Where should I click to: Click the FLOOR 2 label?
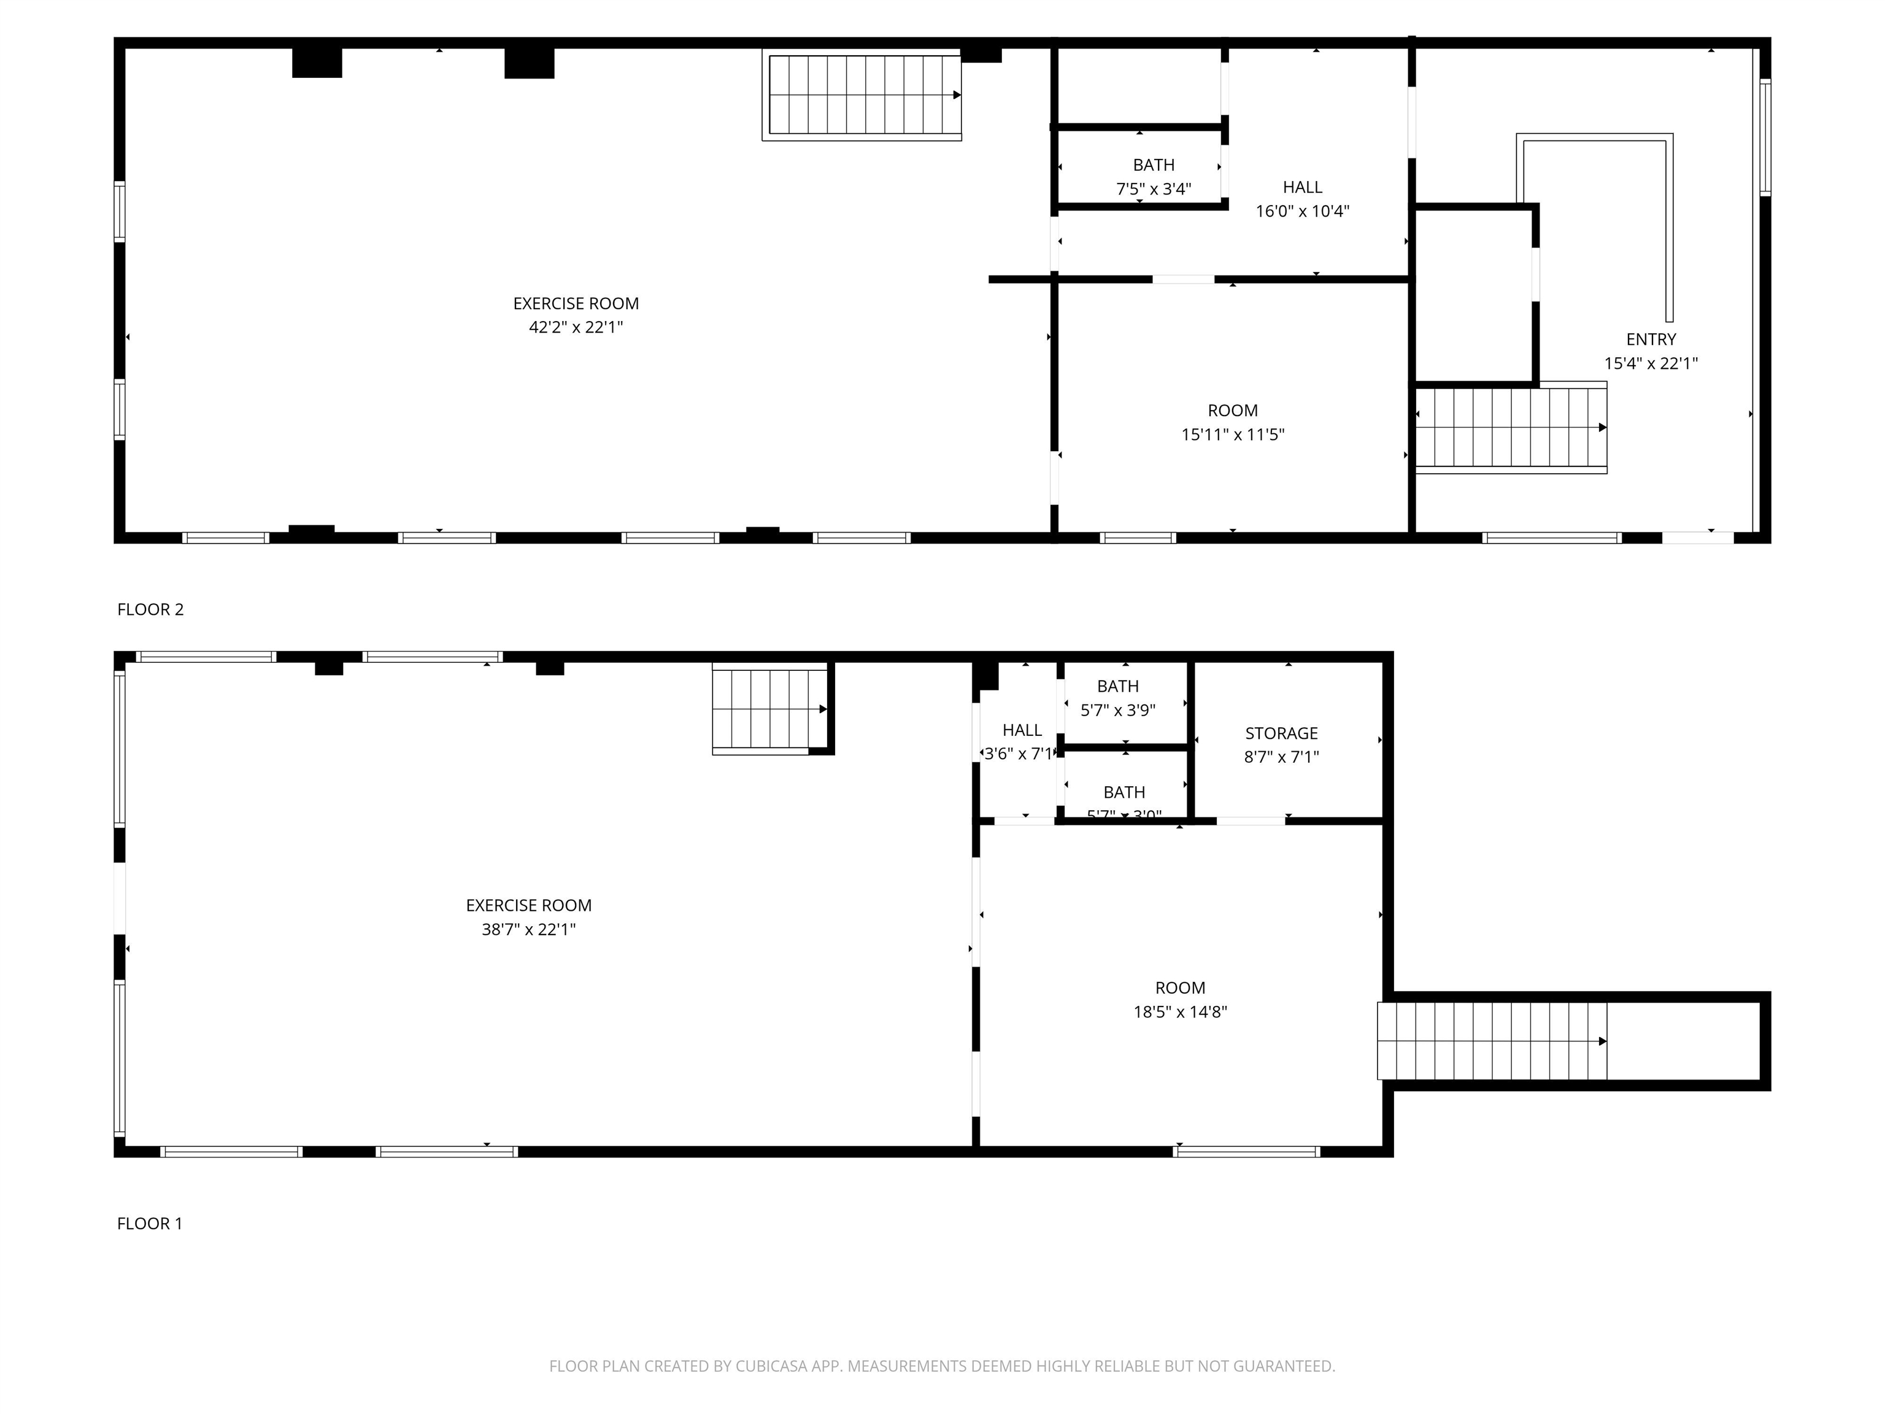point(150,609)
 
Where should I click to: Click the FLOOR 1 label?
point(149,1223)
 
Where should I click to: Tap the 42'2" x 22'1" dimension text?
point(576,327)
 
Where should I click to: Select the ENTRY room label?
point(1651,339)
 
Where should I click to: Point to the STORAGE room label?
point(1281,733)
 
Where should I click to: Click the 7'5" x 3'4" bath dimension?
point(1153,189)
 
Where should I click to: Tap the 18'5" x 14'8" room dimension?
point(1179,1011)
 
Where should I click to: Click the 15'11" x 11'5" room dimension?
point(1232,435)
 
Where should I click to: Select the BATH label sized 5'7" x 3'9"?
point(1117,686)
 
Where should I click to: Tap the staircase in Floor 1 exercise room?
point(769,709)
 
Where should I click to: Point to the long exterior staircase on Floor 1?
point(1491,1041)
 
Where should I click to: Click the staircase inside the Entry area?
point(1511,427)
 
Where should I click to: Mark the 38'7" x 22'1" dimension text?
point(528,929)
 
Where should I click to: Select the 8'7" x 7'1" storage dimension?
point(1281,757)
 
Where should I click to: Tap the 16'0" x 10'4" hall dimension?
point(1302,211)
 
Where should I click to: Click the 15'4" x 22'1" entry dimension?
point(1651,363)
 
